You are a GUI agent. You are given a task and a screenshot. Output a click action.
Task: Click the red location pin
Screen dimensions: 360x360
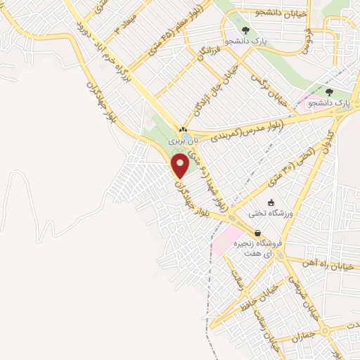181,165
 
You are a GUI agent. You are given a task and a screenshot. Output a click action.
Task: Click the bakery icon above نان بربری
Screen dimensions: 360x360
183,130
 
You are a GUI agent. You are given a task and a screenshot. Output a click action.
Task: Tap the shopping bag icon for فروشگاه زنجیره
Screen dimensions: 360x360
258,233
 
